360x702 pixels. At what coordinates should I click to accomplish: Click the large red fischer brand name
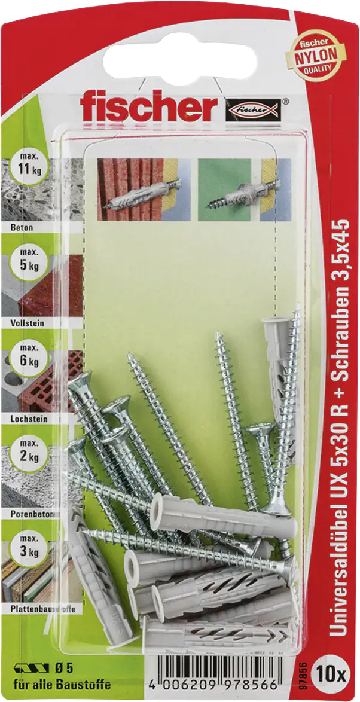click(149, 108)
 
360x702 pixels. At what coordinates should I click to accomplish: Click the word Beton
click(22, 228)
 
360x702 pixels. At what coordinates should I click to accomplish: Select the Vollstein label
click(28, 322)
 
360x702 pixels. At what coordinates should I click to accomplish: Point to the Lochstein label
click(29, 419)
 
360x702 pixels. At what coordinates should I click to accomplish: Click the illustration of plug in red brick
click(144, 189)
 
